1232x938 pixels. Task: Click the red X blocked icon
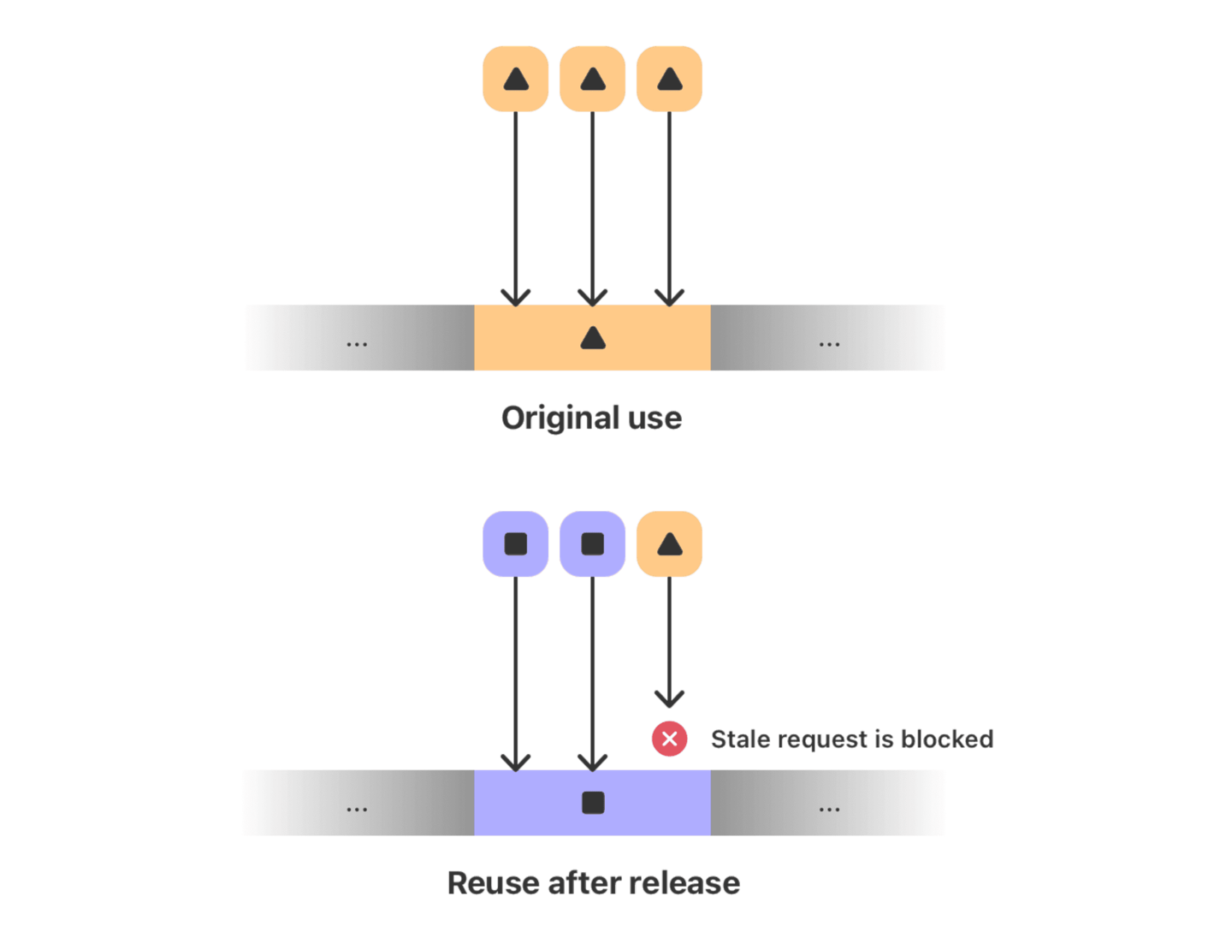coord(669,739)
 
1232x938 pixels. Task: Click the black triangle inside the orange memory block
coord(593,339)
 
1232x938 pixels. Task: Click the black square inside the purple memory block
coord(593,803)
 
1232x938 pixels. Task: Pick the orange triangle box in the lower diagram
coord(669,544)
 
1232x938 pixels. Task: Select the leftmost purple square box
coord(516,544)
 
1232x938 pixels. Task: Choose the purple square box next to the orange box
coord(592,544)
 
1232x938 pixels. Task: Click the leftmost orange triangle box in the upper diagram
coord(516,80)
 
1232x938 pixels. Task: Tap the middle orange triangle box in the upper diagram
coord(592,80)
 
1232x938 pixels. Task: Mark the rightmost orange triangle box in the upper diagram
coord(669,80)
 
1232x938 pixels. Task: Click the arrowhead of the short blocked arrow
coord(669,698)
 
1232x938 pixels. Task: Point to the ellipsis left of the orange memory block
coord(357,344)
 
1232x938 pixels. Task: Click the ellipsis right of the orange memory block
coord(829,344)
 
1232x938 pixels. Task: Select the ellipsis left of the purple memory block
coord(357,809)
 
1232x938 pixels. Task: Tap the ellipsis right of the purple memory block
coord(829,809)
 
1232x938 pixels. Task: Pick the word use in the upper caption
coord(654,419)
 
